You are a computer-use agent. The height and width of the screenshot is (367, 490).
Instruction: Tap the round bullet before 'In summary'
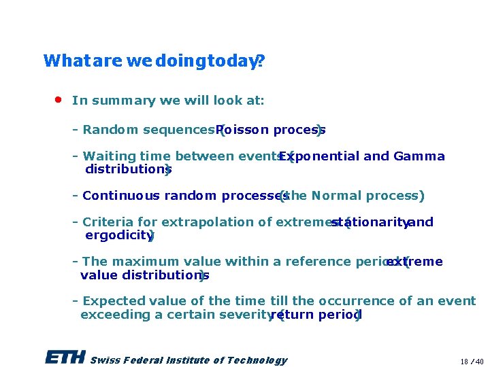tap(59, 99)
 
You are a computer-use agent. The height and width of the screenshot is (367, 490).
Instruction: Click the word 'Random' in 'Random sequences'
tap(104, 130)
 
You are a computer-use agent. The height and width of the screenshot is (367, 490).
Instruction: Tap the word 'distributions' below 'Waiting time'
tap(126, 169)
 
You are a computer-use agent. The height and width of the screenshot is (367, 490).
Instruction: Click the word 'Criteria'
tap(108, 222)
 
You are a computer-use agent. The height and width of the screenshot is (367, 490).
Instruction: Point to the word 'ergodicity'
tap(118, 235)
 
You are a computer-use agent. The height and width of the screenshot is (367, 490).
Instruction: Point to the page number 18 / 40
tap(471, 361)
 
